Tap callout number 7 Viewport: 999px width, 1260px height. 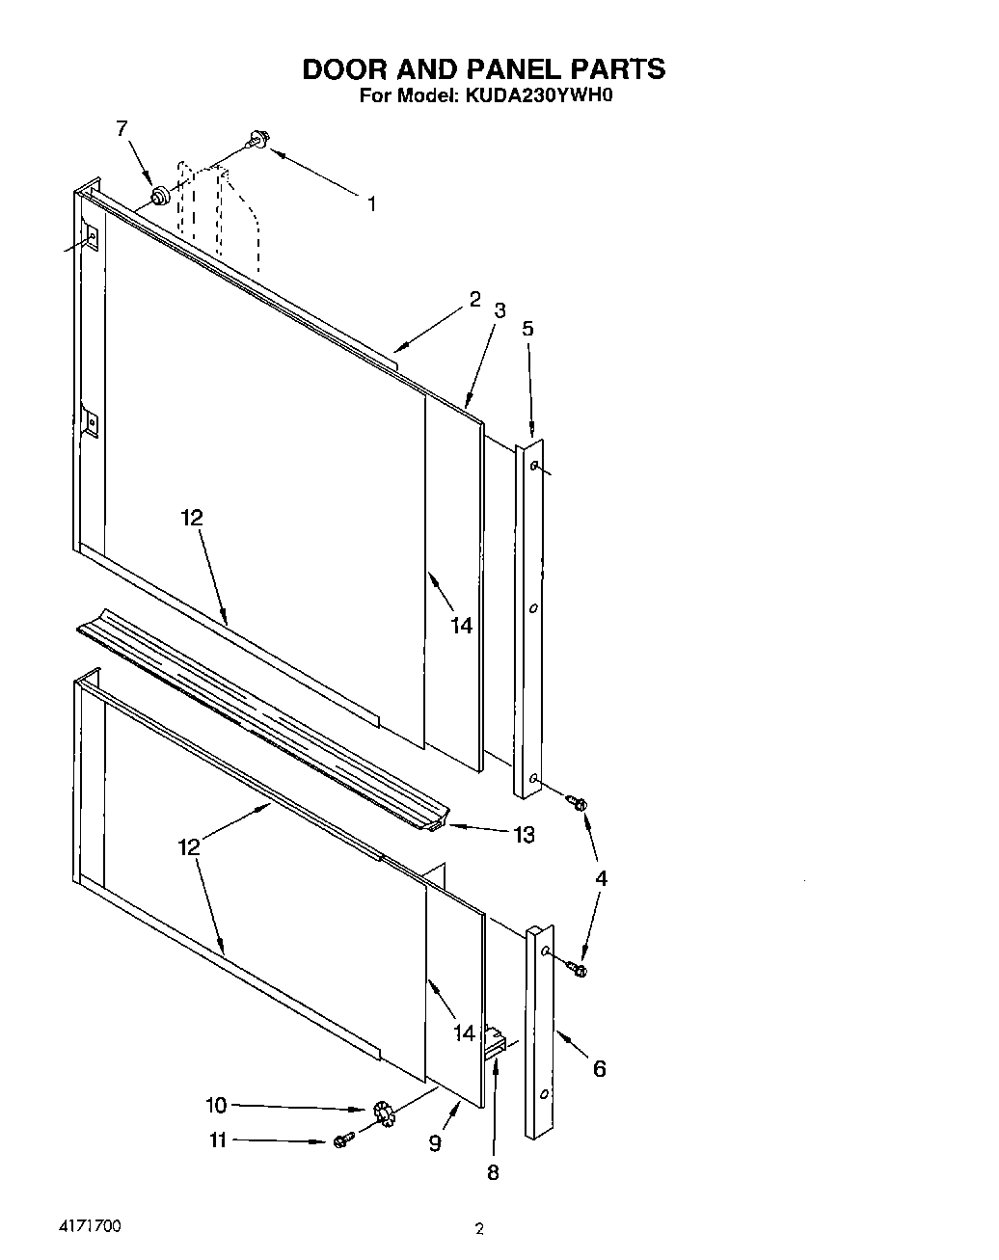click(x=121, y=128)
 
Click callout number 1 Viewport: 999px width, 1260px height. click(x=371, y=203)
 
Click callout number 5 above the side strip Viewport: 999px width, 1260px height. click(x=527, y=328)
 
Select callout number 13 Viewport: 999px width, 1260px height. click(x=524, y=835)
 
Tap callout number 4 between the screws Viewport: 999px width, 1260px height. click(x=601, y=878)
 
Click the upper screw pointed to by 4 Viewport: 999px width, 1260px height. click(x=578, y=801)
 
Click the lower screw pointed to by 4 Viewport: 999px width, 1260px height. click(x=580, y=968)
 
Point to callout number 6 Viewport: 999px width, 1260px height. click(x=599, y=1068)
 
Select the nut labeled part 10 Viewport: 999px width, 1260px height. click(x=383, y=1114)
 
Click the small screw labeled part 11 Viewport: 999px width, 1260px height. click(x=340, y=1141)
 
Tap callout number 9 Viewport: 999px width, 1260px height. click(x=435, y=1143)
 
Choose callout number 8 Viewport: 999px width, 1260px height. click(x=493, y=1173)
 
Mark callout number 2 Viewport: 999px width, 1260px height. click(x=474, y=300)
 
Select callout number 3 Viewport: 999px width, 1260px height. click(x=499, y=310)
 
